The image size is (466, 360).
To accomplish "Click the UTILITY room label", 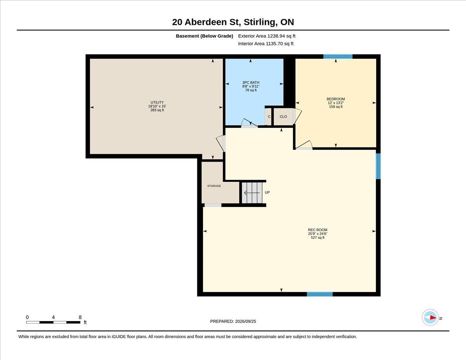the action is [x=157, y=102].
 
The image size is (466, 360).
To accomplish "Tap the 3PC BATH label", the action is [x=251, y=82].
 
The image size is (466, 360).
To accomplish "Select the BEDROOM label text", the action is [x=336, y=99].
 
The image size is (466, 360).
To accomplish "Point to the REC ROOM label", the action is [x=318, y=230].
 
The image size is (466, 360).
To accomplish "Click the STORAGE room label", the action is [x=214, y=186].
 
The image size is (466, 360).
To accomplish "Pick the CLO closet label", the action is [x=283, y=117].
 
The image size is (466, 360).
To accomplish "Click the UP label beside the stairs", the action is [x=267, y=192].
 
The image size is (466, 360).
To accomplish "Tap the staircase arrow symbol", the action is [x=252, y=193].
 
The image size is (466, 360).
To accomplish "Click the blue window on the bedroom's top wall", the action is [x=338, y=57].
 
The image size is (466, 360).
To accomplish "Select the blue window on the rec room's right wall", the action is [x=378, y=166].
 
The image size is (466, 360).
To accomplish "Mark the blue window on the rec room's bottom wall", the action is [x=320, y=294].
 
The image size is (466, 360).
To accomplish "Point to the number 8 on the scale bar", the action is [x=80, y=317].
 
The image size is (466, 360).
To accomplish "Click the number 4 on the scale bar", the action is [x=53, y=317].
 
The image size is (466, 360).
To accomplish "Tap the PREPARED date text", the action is [x=233, y=322].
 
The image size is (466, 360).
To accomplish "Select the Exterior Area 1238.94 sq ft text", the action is [x=266, y=36].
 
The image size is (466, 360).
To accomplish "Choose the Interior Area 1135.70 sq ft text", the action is [x=266, y=44].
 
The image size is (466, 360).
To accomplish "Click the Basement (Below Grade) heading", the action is [x=204, y=36].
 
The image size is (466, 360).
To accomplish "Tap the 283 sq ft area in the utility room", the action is [x=157, y=110].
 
